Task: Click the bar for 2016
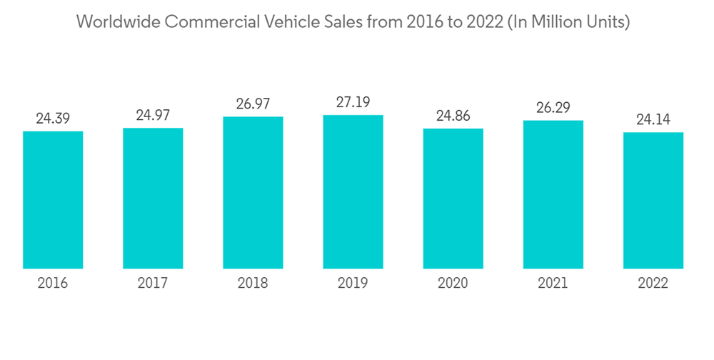pyautogui.click(x=53, y=200)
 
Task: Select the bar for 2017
pyautogui.click(x=153, y=199)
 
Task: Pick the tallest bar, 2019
pyautogui.click(x=353, y=192)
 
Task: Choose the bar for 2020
pyautogui.click(x=453, y=199)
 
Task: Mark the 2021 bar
pyautogui.click(x=553, y=194)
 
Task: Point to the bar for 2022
pyautogui.click(x=653, y=201)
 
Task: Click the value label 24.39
pyautogui.click(x=53, y=119)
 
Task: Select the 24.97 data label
pyautogui.click(x=153, y=115)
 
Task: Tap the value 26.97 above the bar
pyautogui.click(x=253, y=104)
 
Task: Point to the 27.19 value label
pyautogui.click(x=353, y=103)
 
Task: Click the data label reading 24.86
pyautogui.click(x=453, y=116)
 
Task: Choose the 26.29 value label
pyautogui.click(x=553, y=108)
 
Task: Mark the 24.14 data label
pyautogui.click(x=653, y=119)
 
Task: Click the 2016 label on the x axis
pyautogui.click(x=53, y=284)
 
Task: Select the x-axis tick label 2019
pyautogui.click(x=353, y=284)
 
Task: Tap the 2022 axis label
pyautogui.click(x=653, y=284)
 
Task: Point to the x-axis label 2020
pyautogui.click(x=453, y=284)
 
